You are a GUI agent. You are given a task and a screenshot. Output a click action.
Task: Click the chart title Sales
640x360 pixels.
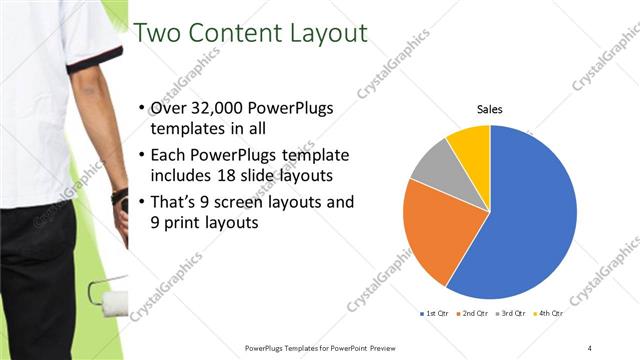pyautogui.click(x=489, y=109)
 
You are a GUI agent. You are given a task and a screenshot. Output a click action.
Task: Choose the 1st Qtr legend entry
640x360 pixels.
pyautogui.click(x=433, y=314)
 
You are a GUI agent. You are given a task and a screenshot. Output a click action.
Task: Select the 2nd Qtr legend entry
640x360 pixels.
pyautogui.click(x=471, y=314)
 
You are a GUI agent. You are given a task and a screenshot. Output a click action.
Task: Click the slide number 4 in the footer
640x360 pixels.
pyautogui.click(x=590, y=347)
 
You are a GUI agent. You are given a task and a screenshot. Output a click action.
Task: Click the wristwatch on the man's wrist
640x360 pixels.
pyautogui.click(x=120, y=196)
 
